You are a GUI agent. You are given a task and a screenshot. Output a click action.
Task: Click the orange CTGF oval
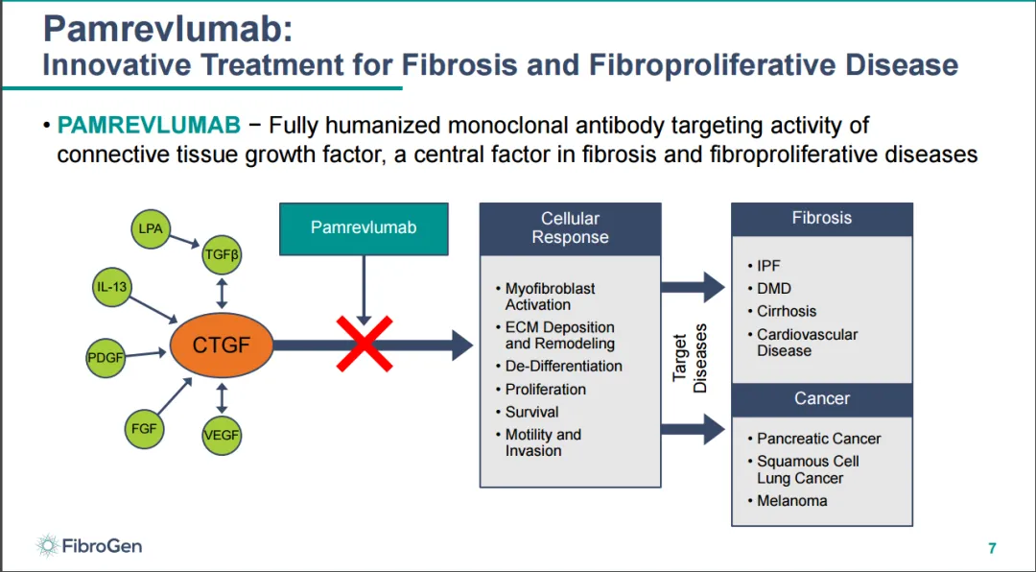click(x=221, y=345)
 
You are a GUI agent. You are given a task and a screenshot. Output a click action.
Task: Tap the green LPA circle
click(x=151, y=229)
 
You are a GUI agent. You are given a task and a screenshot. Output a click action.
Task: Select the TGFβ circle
click(x=222, y=254)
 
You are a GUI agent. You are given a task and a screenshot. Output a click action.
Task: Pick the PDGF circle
click(x=106, y=357)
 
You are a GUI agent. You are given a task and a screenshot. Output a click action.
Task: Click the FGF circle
click(x=143, y=427)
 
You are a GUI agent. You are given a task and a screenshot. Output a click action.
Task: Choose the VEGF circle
click(x=222, y=435)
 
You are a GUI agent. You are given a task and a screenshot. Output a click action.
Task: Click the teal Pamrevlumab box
click(x=364, y=228)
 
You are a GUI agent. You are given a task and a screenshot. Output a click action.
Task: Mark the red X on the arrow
click(x=364, y=344)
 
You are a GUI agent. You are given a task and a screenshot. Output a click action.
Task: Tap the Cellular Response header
click(x=570, y=228)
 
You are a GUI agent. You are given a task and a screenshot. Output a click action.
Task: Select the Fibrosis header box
click(x=821, y=219)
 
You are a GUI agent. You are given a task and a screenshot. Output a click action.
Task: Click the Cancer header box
click(x=821, y=398)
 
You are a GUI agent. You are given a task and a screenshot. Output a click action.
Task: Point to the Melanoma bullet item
click(x=791, y=501)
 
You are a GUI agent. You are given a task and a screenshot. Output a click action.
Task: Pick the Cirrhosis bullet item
click(x=787, y=311)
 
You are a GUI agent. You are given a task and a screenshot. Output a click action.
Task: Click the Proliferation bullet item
click(x=546, y=389)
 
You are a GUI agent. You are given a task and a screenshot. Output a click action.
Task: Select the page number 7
click(x=992, y=549)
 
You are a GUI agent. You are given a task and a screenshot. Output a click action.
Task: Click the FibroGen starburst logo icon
click(x=47, y=546)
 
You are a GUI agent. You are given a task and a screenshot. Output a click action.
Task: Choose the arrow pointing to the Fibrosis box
click(x=693, y=286)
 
